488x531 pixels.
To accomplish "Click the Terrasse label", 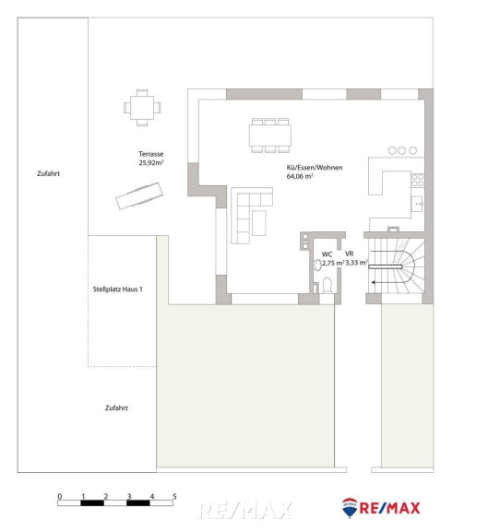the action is click(x=150, y=154).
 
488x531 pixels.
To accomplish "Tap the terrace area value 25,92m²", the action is click(x=150, y=162).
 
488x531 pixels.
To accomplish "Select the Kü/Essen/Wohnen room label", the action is click(x=315, y=168).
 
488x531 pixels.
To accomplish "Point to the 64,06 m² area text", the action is click(x=300, y=176).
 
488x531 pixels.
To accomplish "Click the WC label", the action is click(x=327, y=254).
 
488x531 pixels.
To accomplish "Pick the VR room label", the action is click(x=350, y=254).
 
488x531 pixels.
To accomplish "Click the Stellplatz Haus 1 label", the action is click(x=117, y=289).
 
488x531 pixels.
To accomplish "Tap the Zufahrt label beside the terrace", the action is click(x=49, y=173).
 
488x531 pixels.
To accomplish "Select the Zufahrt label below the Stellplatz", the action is click(x=116, y=408).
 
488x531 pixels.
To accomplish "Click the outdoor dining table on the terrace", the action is click(x=142, y=108).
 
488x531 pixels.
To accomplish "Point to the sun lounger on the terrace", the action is click(x=139, y=195).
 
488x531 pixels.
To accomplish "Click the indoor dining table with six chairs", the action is click(x=270, y=136).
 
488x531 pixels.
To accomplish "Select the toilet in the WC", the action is click(x=327, y=285).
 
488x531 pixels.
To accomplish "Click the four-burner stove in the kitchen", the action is click(x=418, y=180).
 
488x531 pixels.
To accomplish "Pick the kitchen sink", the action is click(x=417, y=204).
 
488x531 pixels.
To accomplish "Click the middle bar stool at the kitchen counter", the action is click(x=402, y=150).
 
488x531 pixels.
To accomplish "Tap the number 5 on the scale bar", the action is click(x=174, y=497).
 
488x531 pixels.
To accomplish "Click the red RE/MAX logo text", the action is click(x=389, y=508).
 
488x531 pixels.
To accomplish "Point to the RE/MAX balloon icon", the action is click(x=350, y=508).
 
